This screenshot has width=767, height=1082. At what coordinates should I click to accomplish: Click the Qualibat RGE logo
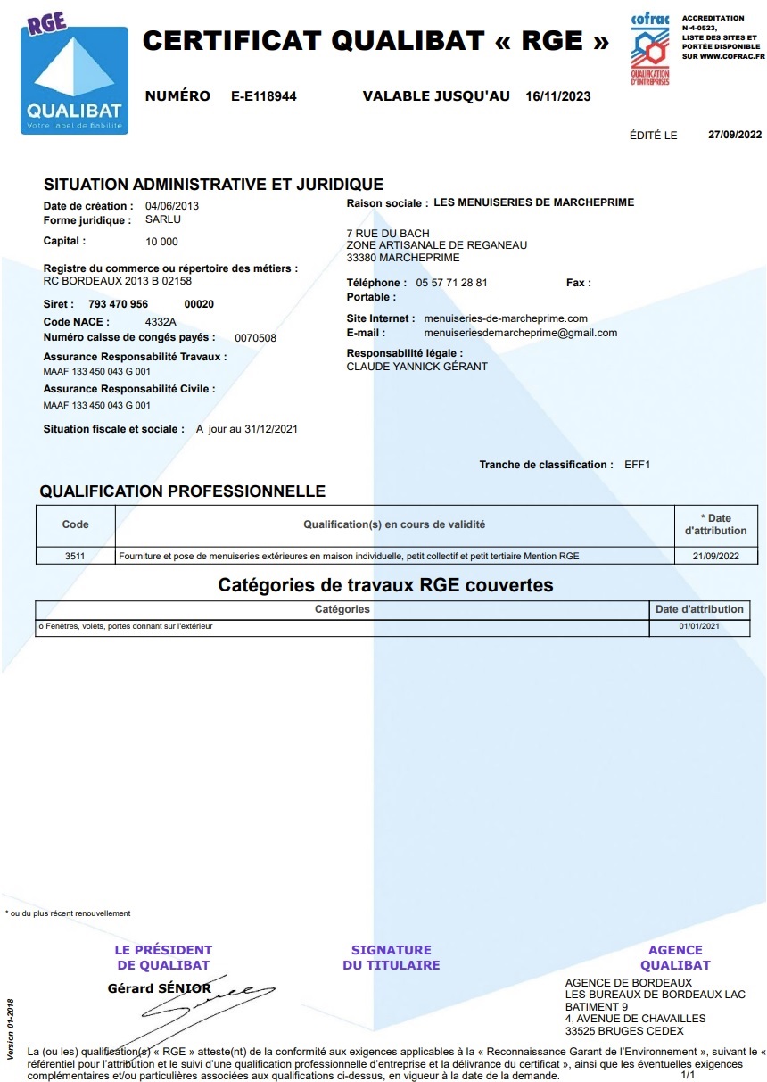point(74,78)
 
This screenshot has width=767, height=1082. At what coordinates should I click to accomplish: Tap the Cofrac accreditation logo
point(650,50)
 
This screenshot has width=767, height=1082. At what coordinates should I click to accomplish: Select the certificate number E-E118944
point(264,97)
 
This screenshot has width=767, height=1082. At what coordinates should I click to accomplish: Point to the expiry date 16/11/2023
point(558,97)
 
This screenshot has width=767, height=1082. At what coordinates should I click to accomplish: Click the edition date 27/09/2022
point(735,136)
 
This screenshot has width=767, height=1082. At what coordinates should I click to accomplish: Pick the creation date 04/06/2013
point(172,206)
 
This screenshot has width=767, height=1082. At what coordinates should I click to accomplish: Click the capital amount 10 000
point(161,242)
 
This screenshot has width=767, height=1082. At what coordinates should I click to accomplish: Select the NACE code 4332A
point(161,322)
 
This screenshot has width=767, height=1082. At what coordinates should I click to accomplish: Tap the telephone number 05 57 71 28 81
point(451,283)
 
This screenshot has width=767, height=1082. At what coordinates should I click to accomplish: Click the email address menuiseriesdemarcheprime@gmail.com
point(520,333)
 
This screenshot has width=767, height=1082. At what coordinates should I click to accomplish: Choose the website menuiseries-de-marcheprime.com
point(506,318)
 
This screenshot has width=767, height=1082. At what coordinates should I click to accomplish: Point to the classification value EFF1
point(639,465)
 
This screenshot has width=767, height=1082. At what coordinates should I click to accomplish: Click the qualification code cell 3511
point(75,556)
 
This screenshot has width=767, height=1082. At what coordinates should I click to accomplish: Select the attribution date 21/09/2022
point(715,556)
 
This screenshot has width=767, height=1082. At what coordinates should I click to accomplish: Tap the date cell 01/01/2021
point(698,626)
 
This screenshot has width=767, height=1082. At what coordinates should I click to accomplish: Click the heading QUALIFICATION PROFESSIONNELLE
point(183,491)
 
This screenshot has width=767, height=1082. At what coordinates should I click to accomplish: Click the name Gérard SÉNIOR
point(159,988)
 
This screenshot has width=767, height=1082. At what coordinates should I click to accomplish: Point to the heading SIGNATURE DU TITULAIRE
point(391,957)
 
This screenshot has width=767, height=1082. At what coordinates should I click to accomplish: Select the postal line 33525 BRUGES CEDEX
point(624,1031)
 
